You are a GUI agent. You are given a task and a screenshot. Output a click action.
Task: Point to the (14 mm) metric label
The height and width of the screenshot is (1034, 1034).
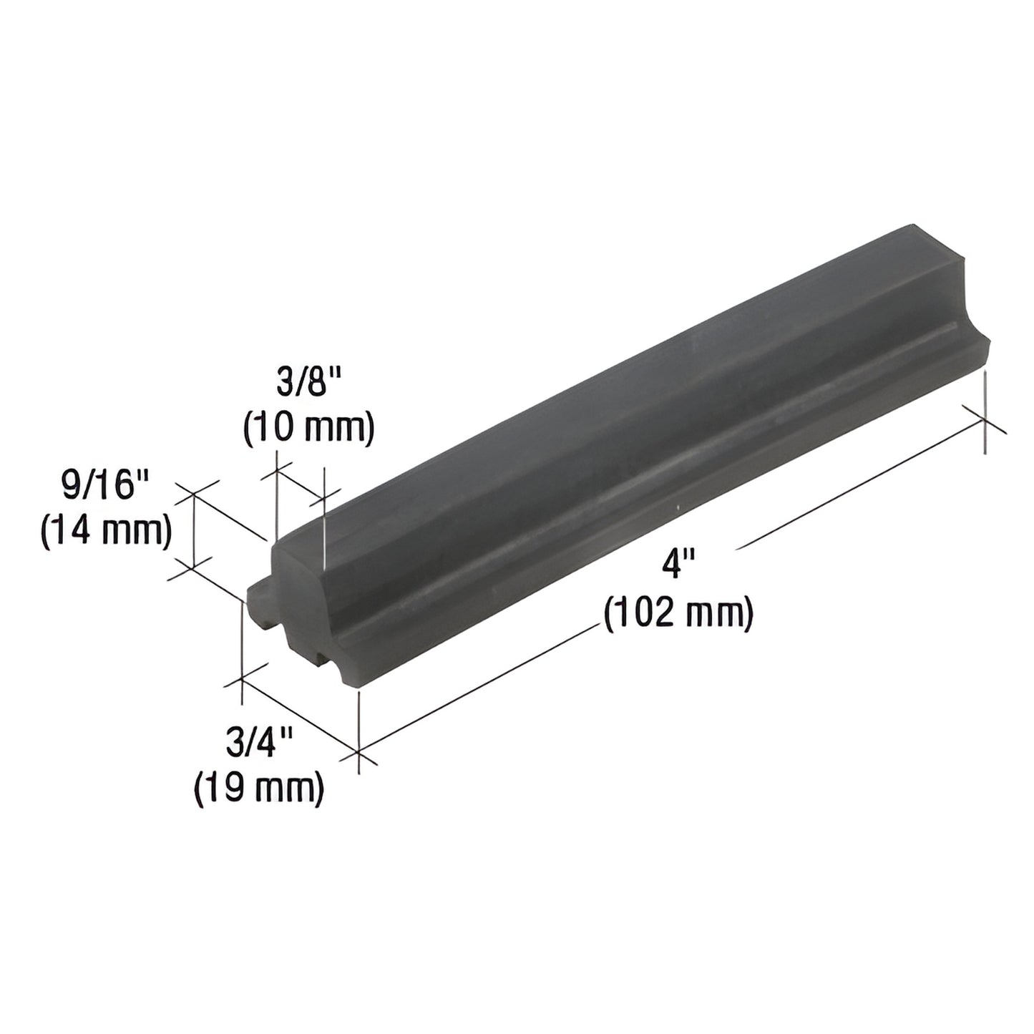point(106,531)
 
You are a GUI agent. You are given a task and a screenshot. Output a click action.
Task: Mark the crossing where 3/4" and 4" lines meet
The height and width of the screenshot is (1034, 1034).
point(358,753)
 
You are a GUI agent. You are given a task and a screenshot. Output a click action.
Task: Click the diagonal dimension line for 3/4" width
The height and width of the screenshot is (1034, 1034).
point(301,716)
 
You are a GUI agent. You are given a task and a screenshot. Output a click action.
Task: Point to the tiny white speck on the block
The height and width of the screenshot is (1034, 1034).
point(677,509)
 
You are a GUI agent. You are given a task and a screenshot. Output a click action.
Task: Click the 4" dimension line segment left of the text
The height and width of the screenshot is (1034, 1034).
point(479,687)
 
